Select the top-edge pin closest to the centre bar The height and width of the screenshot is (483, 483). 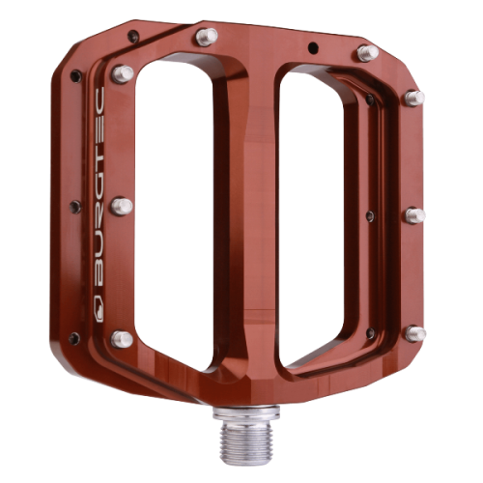(204, 37)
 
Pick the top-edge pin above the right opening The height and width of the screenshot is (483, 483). (366, 53)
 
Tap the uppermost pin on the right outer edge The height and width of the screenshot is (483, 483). (414, 97)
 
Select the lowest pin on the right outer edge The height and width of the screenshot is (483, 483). (414, 333)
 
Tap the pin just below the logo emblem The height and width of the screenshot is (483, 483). (122, 338)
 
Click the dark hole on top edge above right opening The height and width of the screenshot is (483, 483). (311, 46)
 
